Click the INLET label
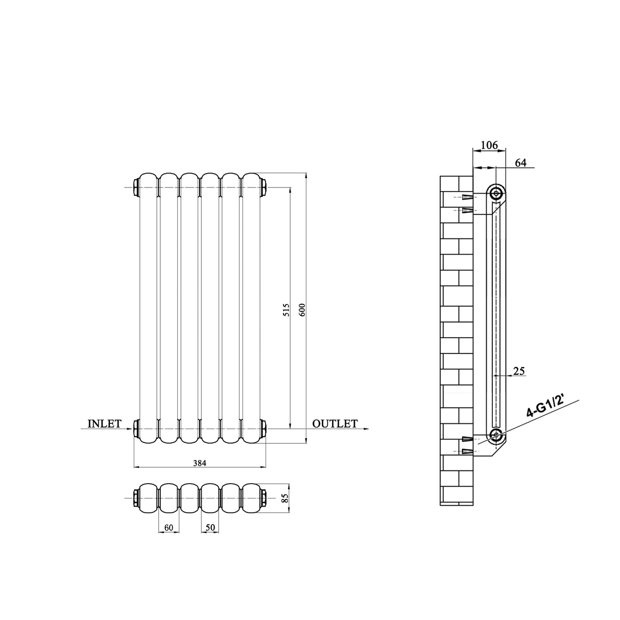(x=104, y=423)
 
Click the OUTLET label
(x=335, y=423)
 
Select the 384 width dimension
(x=199, y=463)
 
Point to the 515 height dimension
(x=287, y=309)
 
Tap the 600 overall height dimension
(x=302, y=309)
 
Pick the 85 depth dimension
(x=285, y=497)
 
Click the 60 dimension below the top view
(x=169, y=527)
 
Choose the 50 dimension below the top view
(x=210, y=527)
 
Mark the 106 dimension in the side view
(x=489, y=146)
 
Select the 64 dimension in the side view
(x=520, y=162)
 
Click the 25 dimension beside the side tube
(x=519, y=371)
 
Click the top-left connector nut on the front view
(x=136, y=187)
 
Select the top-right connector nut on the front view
(x=264, y=187)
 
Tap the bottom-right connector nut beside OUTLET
(x=264, y=428)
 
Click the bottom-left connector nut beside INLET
(x=136, y=428)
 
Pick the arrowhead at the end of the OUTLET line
(x=366, y=429)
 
